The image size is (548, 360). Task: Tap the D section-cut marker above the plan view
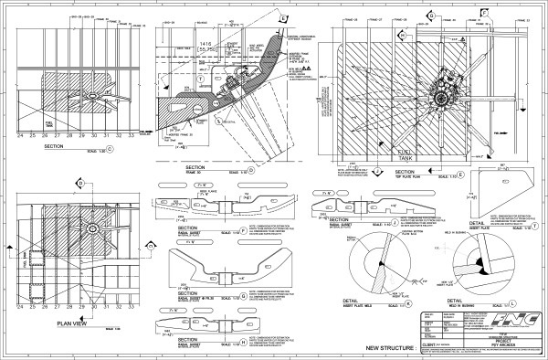point(80,182)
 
